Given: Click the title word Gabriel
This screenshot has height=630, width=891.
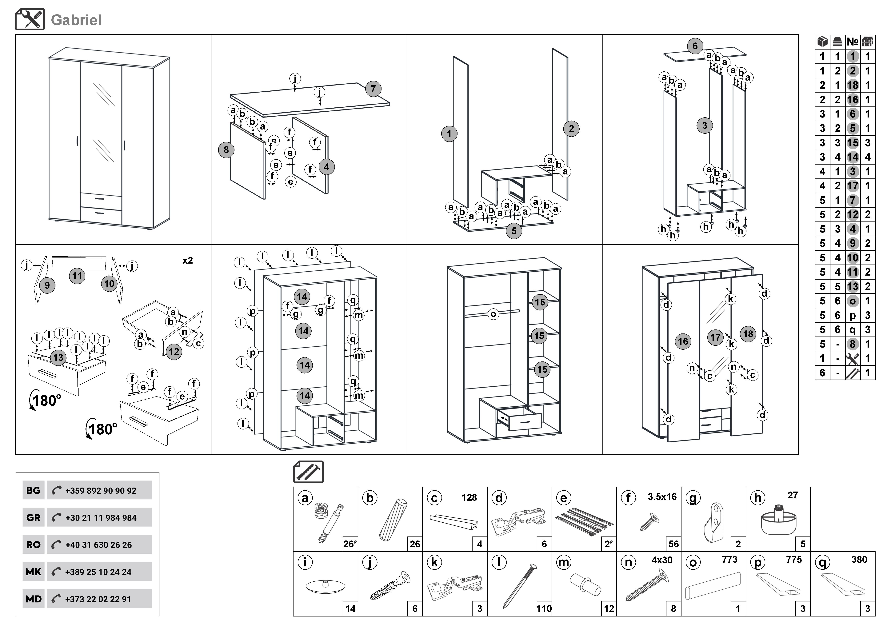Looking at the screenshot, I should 76,20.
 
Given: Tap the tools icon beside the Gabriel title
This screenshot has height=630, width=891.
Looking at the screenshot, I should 30,19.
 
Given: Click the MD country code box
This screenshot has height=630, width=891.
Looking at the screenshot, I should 33,599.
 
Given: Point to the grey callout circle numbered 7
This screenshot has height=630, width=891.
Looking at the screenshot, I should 373,89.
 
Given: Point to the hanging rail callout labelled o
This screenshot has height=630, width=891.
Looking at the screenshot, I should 493,314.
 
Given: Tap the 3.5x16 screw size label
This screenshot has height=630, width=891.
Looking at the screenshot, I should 662,496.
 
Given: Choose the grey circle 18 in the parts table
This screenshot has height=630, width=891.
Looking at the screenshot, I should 853,85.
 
